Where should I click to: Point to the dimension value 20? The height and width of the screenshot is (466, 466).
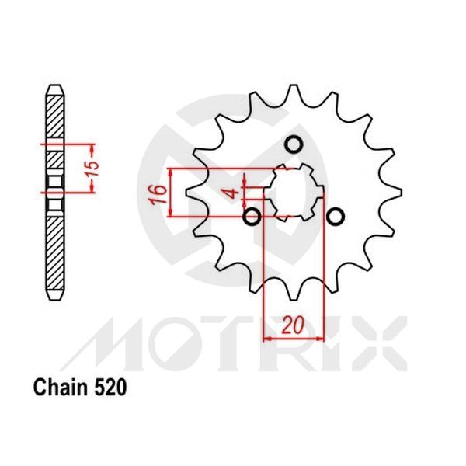tap(293, 326)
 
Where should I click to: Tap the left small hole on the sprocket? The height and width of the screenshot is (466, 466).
tap(251, 216)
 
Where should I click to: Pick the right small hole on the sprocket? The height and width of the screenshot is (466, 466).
tap(336, 216)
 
